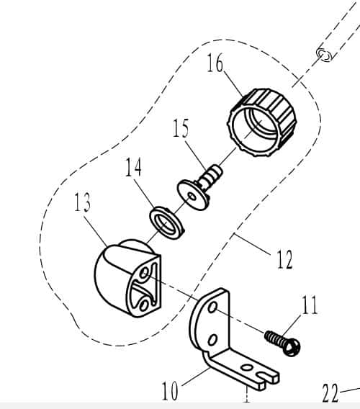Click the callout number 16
coord(215,63)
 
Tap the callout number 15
coord(181,128)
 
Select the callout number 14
coord(134,167)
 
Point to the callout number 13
coord(82,202)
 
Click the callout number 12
coord(284,259)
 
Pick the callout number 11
coord(310,305)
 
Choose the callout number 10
coord(170,391)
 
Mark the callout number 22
coord(330,393)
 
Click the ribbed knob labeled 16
coord(261,122)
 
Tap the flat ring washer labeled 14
coord(167,223)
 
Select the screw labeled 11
coord(282,343)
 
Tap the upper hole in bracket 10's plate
coord(212,307)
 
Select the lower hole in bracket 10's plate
coord(212,340)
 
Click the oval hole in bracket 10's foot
coord(246,368)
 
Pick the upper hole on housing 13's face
coord(144,273)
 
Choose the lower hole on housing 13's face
coord(143,305)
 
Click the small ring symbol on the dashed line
coord(324,55)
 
